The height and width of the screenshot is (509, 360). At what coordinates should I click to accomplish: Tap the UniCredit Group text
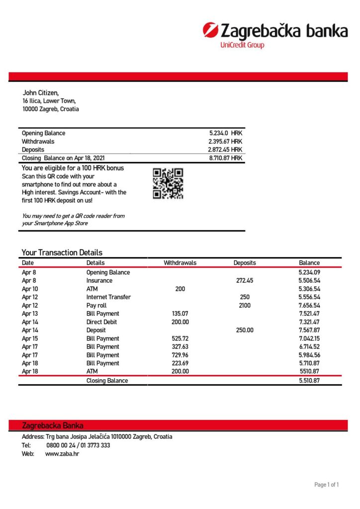pyautogui.click(x=242, y=45)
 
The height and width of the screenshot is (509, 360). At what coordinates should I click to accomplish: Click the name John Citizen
pyautogui.click(x=41, y=92)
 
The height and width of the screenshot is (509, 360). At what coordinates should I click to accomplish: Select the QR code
pyautogui.click(x=168, y=183)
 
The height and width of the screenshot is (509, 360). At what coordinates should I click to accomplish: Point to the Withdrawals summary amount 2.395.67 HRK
pyautogui.click(x=225, y=141)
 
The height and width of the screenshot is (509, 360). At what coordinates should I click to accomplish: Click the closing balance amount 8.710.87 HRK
pyautogui.click(x=225, y=158)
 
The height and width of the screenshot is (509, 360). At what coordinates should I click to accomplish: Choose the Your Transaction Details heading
pyautogui.click(x=62, y=253)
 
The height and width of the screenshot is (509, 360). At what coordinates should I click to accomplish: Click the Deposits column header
pyautogui.click(x=244, y=263)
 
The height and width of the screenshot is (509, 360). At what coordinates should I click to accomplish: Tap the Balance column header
pyautogui.click(x=309, y=263)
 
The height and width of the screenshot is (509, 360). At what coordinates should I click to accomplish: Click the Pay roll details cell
pyautogui.click(x=97, y=305)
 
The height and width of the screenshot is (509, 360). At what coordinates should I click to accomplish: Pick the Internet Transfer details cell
pyautogui.click(x=108, y=297)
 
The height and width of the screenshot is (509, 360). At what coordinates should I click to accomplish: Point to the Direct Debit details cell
pyautogui.click(x=101, y=322)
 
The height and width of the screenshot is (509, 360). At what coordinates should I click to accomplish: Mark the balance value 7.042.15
pyautogui.click(x=309, y=339)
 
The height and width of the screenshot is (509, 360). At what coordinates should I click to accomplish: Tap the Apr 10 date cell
pyautogui.click(x=30, y=289)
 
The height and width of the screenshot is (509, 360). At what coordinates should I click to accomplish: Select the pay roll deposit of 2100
pyautogui.click(x=244, y=305)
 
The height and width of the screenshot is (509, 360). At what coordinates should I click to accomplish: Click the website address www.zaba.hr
pyautogui.click(x=62, y=454)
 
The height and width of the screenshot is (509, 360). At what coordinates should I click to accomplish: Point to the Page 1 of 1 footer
pyautogui.click(x=326, y=485)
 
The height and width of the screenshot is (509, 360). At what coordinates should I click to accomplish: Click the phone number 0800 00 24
pyautogui.click(x=62, y=445)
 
